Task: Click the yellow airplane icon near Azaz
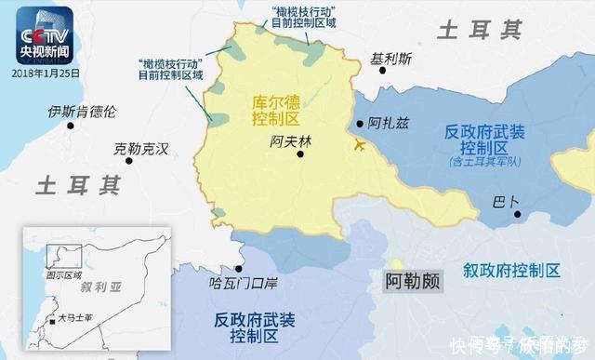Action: point(358,145)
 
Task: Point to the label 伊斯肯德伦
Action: point(83,113)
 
